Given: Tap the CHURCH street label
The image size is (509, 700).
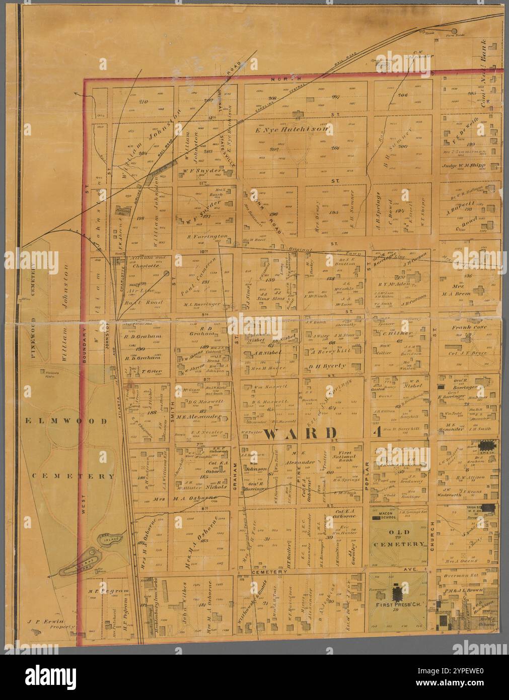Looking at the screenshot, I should tap(431, 536).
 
